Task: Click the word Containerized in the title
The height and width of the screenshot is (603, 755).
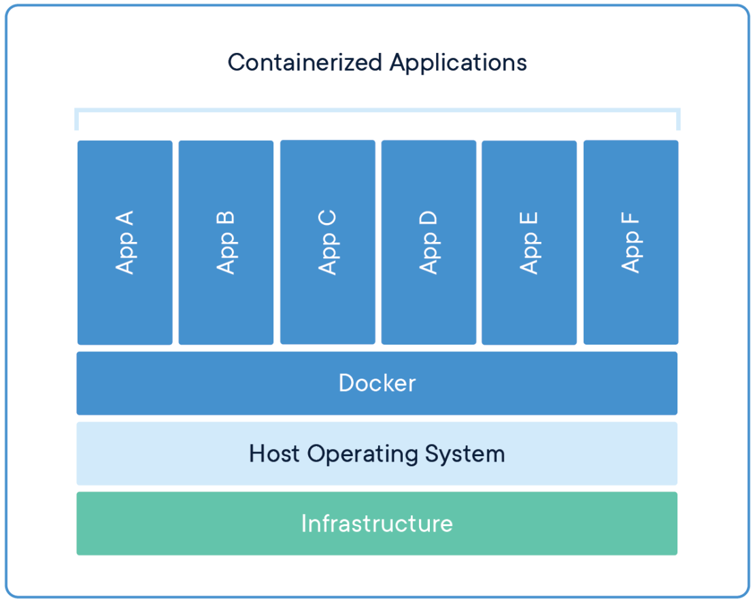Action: click(305, 63)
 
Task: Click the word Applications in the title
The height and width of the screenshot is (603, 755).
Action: click(458, 63)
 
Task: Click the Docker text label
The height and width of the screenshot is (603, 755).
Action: click(377, 383)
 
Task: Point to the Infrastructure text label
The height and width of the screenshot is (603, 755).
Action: click(377, 523)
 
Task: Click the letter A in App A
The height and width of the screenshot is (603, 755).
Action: click(124, 220)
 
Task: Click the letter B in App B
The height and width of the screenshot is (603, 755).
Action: click(226, 220)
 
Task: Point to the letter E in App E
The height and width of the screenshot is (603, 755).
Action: click(529, 220)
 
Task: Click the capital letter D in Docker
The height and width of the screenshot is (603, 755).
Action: click(346, 383)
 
